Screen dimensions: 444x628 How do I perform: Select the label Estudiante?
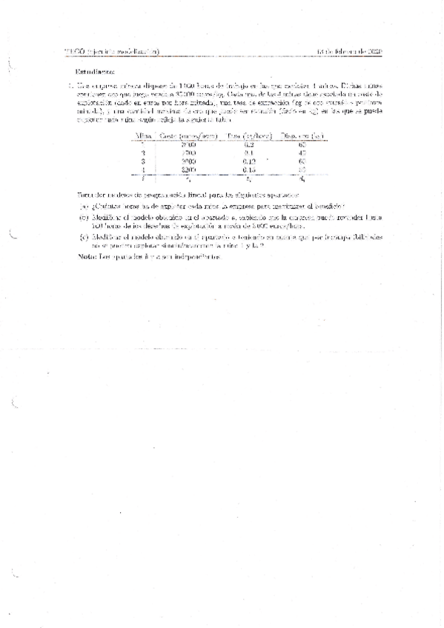pyautogui.click(x=95, y=72)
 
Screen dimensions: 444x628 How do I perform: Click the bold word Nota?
pyautogui.click(x=87, y=256)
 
